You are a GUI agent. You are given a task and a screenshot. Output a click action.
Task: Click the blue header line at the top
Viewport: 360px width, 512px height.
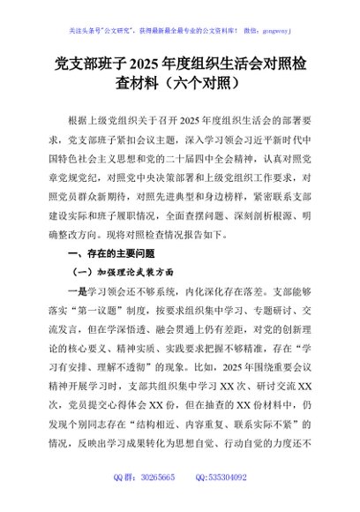(181, 27)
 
